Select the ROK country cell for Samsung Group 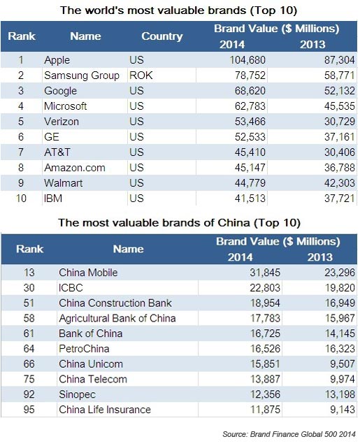[x=140, y=75]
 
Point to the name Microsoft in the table [x=65, y=106]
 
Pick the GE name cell [x=52, y=137]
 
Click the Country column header [x=161, y=36]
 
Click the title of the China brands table [x=179, y=223]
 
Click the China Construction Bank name [x=115, y=303]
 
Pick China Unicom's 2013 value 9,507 [x=327, y=364]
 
